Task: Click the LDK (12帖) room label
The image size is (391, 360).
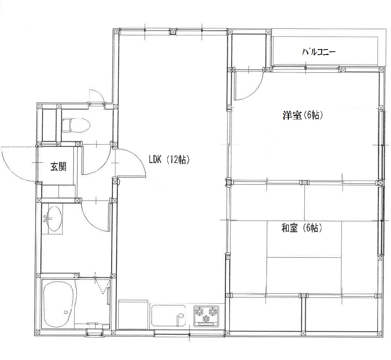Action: [x=169, y=159]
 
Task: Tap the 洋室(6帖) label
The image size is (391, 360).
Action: [x=303, y=115]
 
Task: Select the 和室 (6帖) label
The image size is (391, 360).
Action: [x=302, y=228]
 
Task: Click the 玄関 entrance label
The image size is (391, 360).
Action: [x=58, y=166]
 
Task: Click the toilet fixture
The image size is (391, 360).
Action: [x=76, y=125]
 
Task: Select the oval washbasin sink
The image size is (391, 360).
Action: [x=53, y=219]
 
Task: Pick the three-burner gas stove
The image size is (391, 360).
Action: [x=206, y=315]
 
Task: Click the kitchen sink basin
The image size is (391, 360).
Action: [x=169, y=315]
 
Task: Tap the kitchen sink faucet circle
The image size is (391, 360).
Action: [x=181, y=316]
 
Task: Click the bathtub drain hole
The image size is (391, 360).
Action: [x=66, y=312]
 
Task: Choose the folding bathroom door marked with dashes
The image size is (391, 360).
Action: [x=102, y=286]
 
